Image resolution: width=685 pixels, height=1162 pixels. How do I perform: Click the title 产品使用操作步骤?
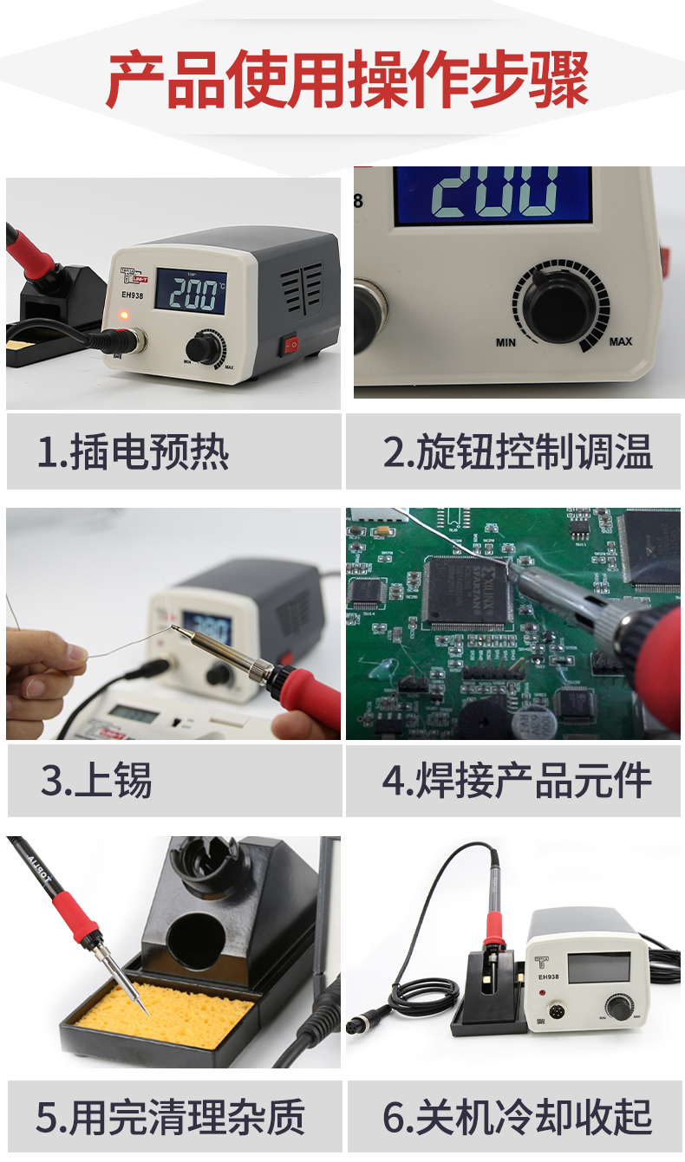point(347,81)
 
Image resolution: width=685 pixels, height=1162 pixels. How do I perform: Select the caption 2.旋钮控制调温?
point(517,453)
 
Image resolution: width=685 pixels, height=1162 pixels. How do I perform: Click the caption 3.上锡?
point(96,781)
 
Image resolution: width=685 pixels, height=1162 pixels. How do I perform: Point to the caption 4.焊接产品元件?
point(517,781)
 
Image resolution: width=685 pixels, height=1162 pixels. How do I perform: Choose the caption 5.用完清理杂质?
point(170,1117)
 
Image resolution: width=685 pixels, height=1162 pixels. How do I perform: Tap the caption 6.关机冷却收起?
point(517,1117)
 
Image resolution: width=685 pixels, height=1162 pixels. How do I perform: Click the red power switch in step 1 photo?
point(292,344)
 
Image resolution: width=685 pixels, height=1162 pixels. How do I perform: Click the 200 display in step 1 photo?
point(193,295)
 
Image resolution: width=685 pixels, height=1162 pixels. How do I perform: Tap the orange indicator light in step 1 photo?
point(123,315)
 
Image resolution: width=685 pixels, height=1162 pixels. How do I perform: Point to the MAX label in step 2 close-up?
point(620,341)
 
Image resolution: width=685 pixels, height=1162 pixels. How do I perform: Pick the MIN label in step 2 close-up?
point(506,342)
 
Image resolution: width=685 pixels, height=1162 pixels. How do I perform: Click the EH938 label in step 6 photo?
point(550,977)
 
